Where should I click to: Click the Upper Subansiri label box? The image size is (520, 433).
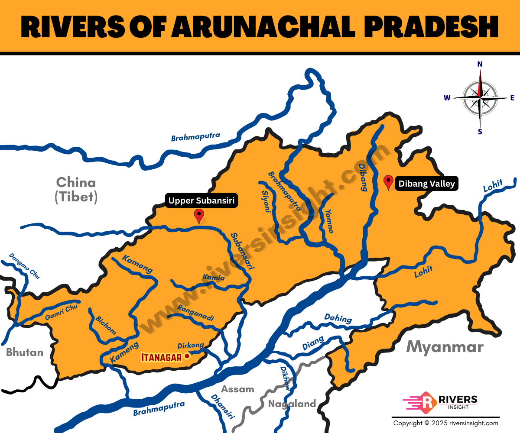(x=202, y=200)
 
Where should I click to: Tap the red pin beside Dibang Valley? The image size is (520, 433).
(x=389, y=181)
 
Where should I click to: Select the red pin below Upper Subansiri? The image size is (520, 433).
(x=199, y=215)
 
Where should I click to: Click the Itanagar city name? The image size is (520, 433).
(x=161, y=357)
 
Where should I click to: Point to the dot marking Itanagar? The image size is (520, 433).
(x=187, y=356)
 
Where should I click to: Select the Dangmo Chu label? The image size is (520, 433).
(x=24, y=265)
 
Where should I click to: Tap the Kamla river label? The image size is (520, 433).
(x=214, y=277)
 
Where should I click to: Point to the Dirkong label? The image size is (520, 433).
(x=191, y=346)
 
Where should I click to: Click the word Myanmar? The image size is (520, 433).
(x=445, y=347)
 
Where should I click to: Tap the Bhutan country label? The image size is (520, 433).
(x=25, y=352)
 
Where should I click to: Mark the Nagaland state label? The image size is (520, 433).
(x=292, y=404)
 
